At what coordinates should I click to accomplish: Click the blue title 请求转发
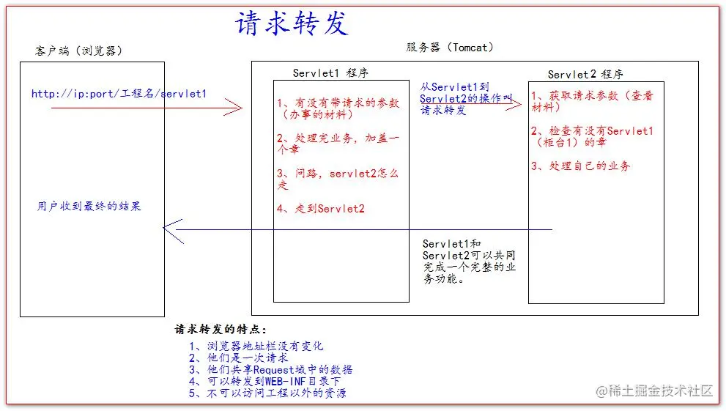click(292, 23)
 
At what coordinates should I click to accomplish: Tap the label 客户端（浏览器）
click(79, 51)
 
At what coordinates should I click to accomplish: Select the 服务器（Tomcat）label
click(450, 47)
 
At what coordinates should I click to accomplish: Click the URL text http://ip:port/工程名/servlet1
click(119, 94)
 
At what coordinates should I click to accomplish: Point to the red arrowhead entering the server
click(234, 108)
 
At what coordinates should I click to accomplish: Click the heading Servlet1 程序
click(330, 73)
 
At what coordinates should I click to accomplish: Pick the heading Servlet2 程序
click(585, 74)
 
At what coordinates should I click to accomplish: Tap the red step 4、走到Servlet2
click(321, 209)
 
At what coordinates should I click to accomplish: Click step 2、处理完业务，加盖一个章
click(338, 144)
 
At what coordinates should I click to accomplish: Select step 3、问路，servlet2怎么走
click(338, 179)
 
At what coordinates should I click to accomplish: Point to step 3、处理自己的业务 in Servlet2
click(581, 166)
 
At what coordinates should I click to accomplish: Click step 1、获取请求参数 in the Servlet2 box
click(592, 101)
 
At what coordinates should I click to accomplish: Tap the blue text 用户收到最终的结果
click(89, 206)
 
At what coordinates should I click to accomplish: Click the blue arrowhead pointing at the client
click(173, 230)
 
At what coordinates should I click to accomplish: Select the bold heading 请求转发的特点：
click(221, 329)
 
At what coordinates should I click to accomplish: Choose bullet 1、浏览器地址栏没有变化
click(256, 346)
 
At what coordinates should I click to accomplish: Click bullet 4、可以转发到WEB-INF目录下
click(265, 381)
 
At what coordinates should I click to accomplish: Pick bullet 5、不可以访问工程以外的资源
click(267, 393)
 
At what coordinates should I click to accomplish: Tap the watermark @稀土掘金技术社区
click(654, 390)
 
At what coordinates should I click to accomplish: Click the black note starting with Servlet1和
click(469, 261)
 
